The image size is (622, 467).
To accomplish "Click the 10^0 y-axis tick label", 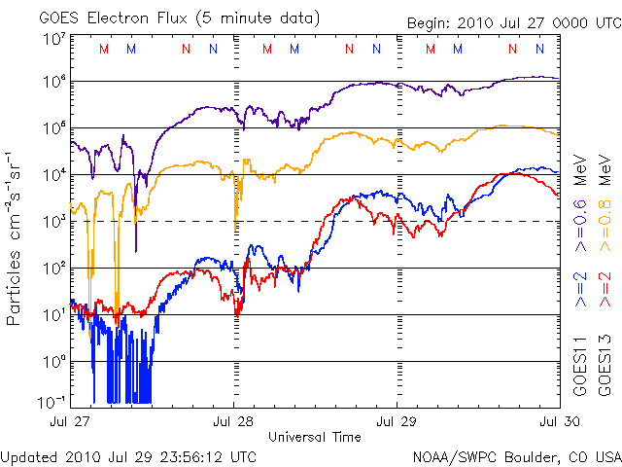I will pos(54,362).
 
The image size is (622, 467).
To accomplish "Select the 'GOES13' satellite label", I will pos(605,364).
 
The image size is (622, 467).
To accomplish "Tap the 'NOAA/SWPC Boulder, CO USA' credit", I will pos(515,455).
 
